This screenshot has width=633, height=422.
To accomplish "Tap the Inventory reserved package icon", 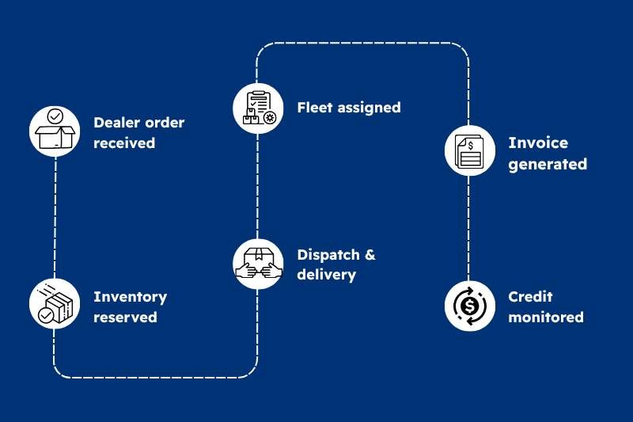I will click(55, 304).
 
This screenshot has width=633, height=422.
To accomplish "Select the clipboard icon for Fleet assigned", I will click(258, 108).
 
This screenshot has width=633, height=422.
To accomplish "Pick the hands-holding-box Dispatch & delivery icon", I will click(258, 264).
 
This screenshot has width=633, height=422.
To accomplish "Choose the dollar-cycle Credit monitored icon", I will click(469, 306).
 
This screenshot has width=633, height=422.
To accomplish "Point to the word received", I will click(124, 143).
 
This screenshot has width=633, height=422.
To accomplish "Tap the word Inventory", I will click(130, 297).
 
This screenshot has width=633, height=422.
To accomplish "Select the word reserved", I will click(125, 317).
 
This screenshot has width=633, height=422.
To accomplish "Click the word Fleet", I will click(315, 107).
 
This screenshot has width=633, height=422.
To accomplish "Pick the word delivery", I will click(326, 276).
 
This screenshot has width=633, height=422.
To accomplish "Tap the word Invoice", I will click(538, 143).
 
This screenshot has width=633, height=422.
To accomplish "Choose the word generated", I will click(548, 165).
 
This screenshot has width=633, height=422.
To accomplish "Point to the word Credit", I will click(530, 297).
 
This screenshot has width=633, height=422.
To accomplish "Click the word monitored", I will click(546, 317).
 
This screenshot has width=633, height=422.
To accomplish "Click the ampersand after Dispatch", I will click(369, 255).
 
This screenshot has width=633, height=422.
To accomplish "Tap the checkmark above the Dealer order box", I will click(55, 116).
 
